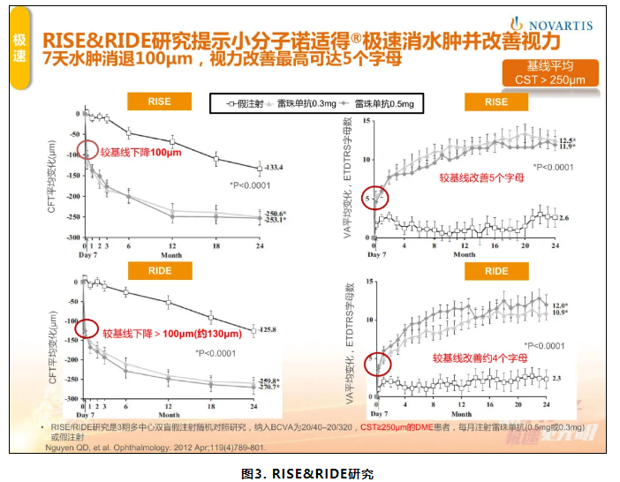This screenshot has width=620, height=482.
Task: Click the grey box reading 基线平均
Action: pos(549,66)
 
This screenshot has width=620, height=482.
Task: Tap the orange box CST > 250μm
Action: pos(549,80)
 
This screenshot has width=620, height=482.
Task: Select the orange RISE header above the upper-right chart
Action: pos(496,102)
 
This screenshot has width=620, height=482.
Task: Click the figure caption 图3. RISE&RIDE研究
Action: pos(309,474)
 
